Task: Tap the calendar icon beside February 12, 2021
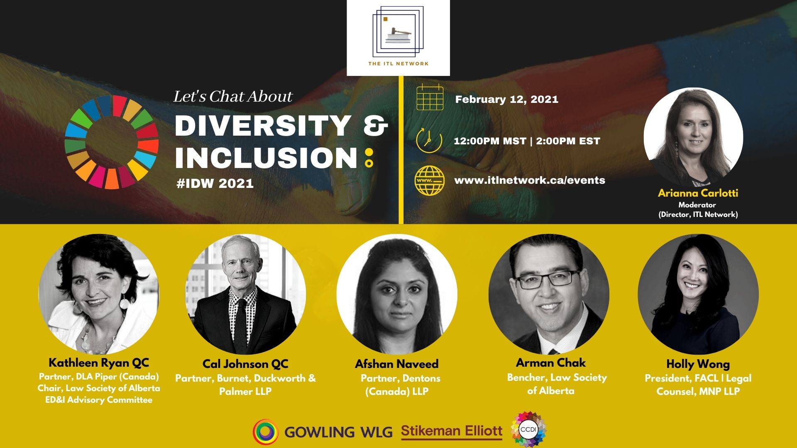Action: pos(430,97)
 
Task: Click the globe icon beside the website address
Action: pos(429,180)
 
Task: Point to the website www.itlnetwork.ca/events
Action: pos(530,180)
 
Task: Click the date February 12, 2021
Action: pos(506,100)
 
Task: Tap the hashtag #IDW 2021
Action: pos(215,183)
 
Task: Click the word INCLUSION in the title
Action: pos(266,158)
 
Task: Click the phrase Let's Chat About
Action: pos(232,97)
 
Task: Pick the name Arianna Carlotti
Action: pos(698,193)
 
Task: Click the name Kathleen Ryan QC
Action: pos(99,363)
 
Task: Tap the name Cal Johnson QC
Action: pos(245,364)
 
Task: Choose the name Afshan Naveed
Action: pos(396,364)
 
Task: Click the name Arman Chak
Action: pos(550,363)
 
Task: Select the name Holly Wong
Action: pos(698,364)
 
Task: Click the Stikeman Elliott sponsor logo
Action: pos(452,432)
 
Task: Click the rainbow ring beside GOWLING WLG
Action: pos(266,432)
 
